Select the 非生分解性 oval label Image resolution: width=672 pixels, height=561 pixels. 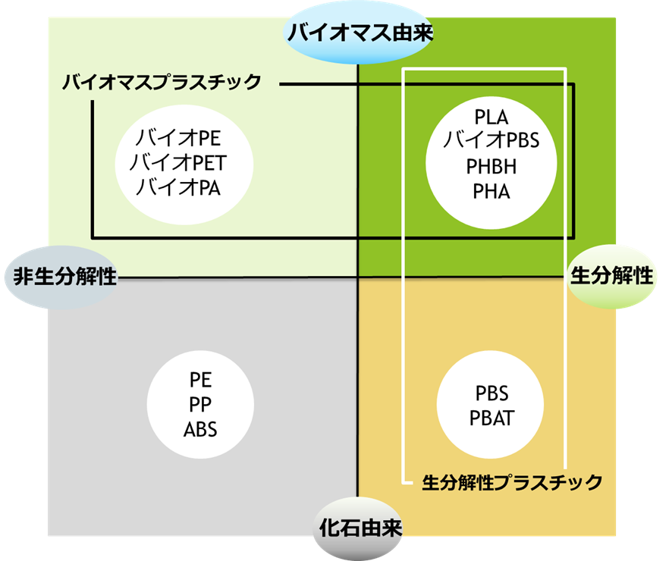tap(64, 275)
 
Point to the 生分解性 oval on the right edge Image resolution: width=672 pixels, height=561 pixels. tap(611, 275)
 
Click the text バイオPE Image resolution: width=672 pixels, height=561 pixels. tap(178, 139)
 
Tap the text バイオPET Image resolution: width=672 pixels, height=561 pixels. tap(178, 163)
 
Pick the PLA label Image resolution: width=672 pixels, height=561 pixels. tap(491, 118)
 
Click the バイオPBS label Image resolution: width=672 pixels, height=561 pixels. tap(491, 141)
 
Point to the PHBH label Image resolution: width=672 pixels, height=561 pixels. tap(491, 167)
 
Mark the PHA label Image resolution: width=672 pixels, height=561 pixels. tap(491, 191)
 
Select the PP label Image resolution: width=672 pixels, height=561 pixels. tap(200, 404)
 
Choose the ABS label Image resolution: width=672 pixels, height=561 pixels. tap(200, 429)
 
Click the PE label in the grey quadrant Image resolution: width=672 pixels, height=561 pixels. tap(200, 379)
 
